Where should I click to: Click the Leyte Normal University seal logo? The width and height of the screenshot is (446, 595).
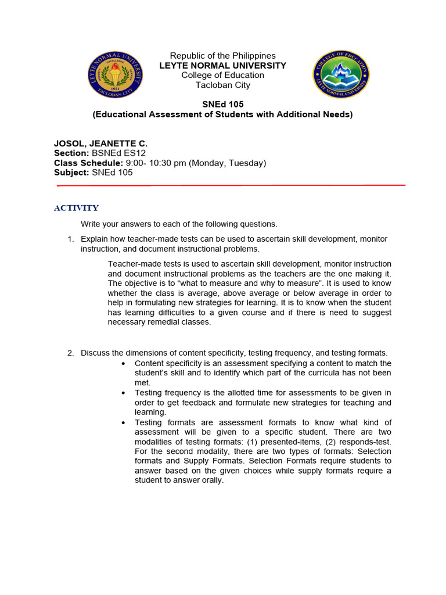point(114,74)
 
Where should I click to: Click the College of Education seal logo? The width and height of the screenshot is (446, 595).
point(341,74)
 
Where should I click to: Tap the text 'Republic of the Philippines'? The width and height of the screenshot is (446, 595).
point(222,56)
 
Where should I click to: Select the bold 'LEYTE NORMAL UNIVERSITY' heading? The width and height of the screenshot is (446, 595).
point(222,66)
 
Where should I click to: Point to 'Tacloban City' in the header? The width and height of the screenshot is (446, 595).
point(222,85)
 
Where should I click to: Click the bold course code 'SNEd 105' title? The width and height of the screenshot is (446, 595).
point(222,105)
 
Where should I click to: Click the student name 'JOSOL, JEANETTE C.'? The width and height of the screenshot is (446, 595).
point(101,143)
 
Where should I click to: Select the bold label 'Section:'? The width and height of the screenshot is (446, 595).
point(71,153)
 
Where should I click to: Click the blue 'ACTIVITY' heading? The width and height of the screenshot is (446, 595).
point(76,208)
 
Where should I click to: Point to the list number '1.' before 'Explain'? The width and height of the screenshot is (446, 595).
point(70,239)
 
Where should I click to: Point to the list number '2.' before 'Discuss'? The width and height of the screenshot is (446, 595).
point(70,353)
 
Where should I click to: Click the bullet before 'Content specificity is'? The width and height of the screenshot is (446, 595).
point(124,363)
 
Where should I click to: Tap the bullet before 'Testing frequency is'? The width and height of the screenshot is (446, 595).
point(124,393)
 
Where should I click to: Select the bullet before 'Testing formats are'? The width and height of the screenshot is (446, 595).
point(124,422)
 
